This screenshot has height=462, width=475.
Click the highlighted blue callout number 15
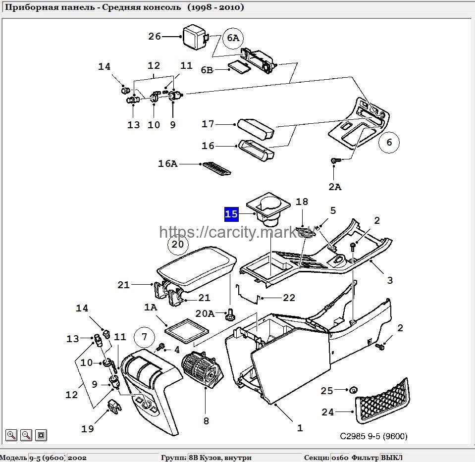(x=231, y=214)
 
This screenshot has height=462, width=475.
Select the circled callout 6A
(x=233, y=38)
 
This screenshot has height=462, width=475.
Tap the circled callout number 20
(x=178, y=244)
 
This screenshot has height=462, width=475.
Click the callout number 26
(x=155, y=37)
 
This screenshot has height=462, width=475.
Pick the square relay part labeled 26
(x=195, y=36)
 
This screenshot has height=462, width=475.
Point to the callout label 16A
(x=167, y=163)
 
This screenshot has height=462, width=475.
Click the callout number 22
(x=289, y=298)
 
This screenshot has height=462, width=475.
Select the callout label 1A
(x=151, y=307)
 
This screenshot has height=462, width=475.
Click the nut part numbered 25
(x=353, y=390)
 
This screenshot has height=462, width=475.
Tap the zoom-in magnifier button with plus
(x=11, y=435)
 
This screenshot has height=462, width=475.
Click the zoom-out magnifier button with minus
(x=26, y=435)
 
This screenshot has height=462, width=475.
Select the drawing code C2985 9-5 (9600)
(x=373, y=436)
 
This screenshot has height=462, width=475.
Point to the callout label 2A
(x=335, y=187)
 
